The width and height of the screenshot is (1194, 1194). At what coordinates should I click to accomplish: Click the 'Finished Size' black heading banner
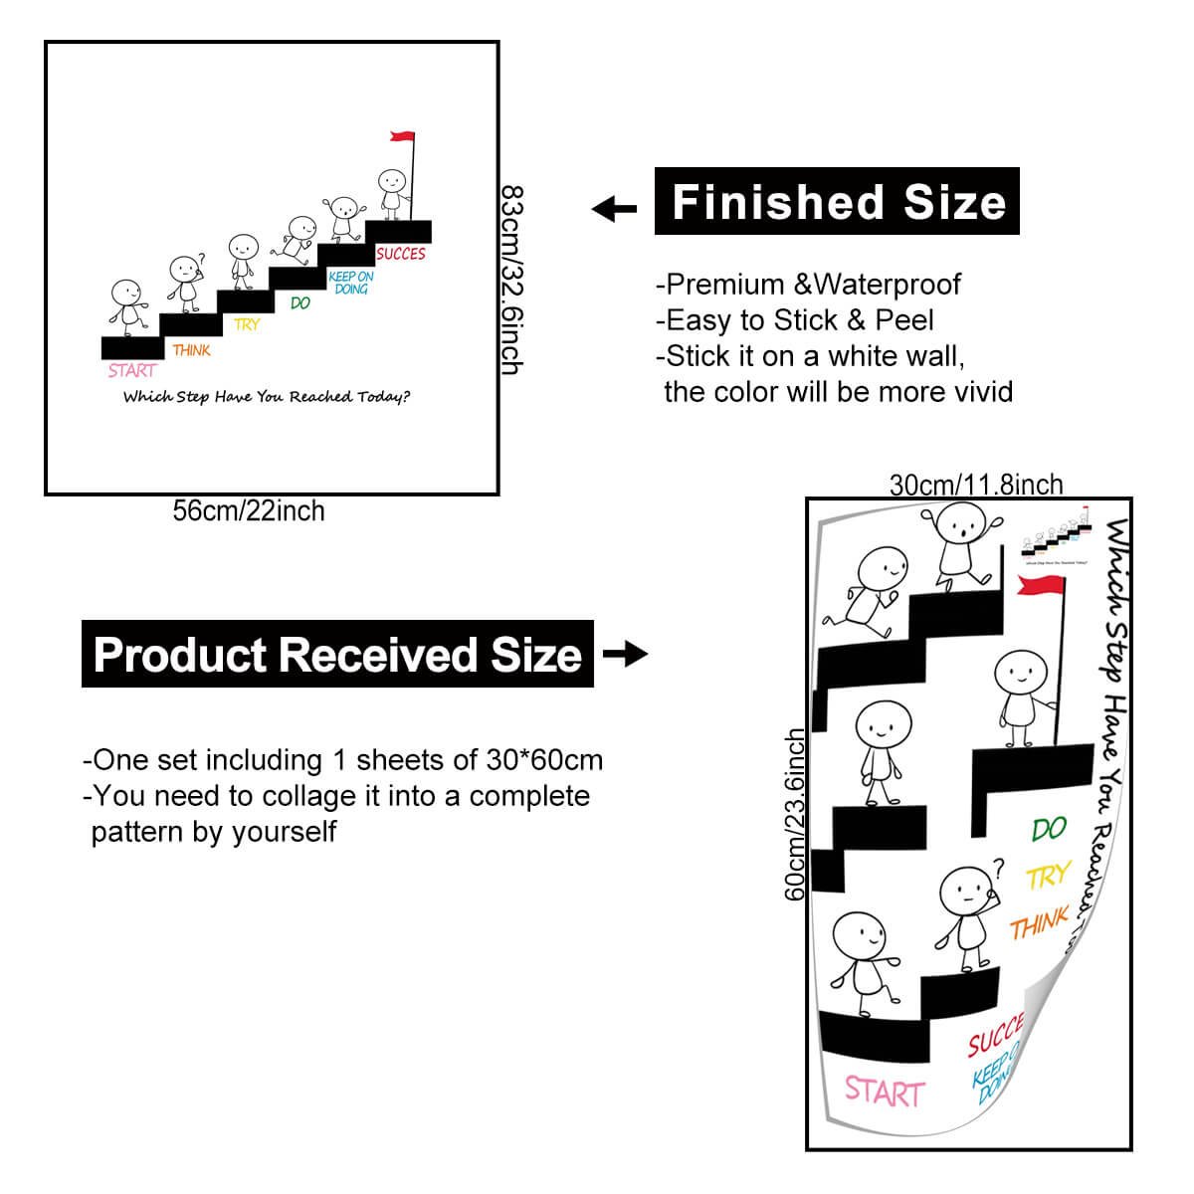[x=837, y=202]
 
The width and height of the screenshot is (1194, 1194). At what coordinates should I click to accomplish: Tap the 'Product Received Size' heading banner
[x=337, y=655]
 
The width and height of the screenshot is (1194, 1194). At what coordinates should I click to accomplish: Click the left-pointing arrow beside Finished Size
[x=614, y=209]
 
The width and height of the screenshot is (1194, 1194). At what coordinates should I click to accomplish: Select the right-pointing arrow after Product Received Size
[x=626, y=654]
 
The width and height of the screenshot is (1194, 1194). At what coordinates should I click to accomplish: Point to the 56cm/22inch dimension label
[x=249, y=511]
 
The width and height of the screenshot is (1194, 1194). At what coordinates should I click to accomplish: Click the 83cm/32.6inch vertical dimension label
[x=511, y=280]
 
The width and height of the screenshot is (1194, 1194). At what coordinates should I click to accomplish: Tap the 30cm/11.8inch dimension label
[x=975, y=485]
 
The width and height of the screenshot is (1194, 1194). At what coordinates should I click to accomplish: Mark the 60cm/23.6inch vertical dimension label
[x=796, y=814]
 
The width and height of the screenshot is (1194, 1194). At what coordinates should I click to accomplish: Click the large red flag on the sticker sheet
[x=1039, y=586]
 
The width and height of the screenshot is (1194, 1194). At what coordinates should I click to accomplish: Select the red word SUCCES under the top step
[x=401, y=254]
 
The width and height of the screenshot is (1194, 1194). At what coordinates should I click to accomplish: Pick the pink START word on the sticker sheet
[x=884, y=1091]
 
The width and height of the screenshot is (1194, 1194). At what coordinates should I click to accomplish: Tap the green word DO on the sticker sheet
[x=1049, y=828]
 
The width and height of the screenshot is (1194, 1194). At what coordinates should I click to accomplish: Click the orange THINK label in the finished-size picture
[x=191, y=350]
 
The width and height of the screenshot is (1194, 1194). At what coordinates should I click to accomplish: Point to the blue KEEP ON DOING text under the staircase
[x=351, y=283]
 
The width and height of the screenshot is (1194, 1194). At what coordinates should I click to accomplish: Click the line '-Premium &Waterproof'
[x=808, y=285]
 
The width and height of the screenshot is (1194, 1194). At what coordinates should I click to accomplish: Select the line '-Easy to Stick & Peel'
[x=794, y=320]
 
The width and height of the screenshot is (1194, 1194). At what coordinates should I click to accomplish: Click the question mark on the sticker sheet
[x=1000, y=867]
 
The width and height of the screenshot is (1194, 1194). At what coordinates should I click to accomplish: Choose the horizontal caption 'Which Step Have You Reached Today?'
[x=266, y=397]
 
